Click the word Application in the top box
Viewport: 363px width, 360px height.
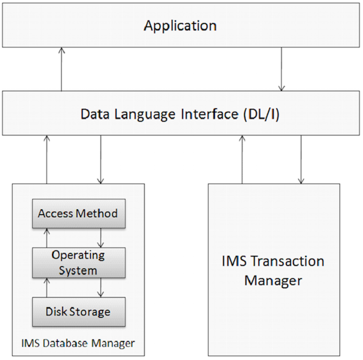point(180,26)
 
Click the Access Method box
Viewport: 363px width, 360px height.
point(78,214)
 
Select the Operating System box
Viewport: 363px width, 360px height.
point(78,263)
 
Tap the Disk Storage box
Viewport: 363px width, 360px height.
point(78,312)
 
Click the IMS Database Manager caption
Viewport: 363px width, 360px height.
point(78,344)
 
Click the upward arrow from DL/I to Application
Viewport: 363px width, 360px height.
point(61,69)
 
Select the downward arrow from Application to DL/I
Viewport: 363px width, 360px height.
point(282,69)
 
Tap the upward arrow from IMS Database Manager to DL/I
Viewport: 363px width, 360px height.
point(47,159)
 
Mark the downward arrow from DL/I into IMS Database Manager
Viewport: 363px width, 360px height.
point(100,159)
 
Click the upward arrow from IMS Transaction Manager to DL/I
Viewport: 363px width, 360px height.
point(242,159)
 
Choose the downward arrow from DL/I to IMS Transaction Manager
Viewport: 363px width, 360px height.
point(301,159)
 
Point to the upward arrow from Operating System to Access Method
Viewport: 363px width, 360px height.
point(47,238)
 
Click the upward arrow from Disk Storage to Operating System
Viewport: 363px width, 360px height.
point(47,287)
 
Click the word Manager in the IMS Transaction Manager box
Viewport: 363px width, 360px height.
point(273,281)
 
